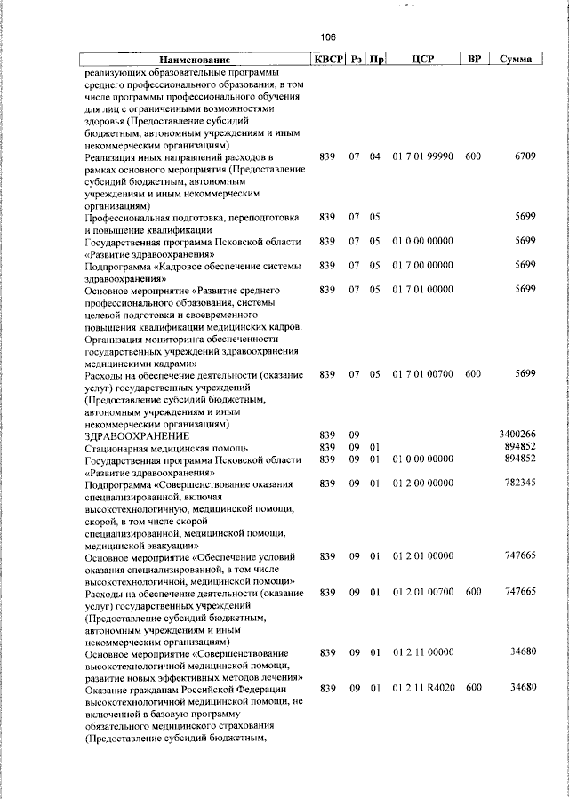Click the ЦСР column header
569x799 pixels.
tap(423, 59)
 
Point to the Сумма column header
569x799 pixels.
tap(517, 59)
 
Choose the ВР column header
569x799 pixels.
tap(475, 59)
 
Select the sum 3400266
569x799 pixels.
tap(517, 434)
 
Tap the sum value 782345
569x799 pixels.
tap(520, 483)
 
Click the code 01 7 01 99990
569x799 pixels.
tap(423, 156)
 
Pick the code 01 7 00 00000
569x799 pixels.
tap(423, 265)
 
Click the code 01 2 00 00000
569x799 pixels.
tap(423, 483)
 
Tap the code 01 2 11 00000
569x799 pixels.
tap(423, 652)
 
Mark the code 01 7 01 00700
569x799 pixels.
tap(423, 374)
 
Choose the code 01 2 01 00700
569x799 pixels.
tap(423, 592)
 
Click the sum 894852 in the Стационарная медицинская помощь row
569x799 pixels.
tap(520, 446)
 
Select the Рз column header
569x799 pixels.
tap(355, 59)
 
